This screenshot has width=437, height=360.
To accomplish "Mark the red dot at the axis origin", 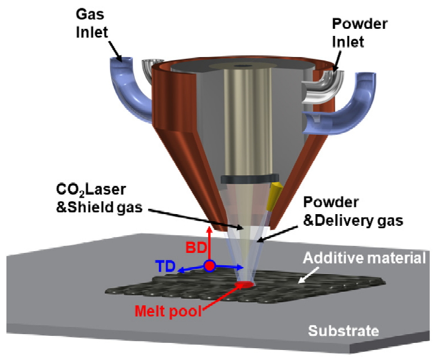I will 209,266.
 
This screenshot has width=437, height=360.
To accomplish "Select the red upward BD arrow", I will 209,241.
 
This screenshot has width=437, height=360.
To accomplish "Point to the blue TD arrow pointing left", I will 191,269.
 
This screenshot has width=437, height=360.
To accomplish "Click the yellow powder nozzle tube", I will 274,196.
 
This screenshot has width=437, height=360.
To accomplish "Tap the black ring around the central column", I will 249,178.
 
